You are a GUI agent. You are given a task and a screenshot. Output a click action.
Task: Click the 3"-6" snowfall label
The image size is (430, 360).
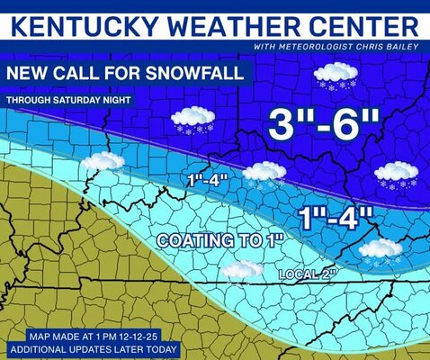coord(319,122)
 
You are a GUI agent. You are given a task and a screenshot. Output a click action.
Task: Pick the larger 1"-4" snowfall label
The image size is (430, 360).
coord(335,217)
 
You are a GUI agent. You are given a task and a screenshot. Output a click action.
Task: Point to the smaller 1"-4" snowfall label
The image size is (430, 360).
coord(209,180)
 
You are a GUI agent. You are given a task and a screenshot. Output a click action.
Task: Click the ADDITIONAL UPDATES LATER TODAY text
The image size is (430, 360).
coord(94,348)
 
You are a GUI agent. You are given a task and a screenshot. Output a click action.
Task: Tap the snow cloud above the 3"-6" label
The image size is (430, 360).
coord(336,74)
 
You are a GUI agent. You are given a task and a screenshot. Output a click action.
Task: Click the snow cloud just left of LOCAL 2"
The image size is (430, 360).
coord(243,269)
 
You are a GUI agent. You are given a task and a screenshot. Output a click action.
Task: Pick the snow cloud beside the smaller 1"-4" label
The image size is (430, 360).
coord(264,171)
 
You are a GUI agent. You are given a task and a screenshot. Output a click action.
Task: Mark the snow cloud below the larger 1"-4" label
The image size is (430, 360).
coord(381,248)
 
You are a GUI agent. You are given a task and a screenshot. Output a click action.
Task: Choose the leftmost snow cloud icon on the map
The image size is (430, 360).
coord(103,162)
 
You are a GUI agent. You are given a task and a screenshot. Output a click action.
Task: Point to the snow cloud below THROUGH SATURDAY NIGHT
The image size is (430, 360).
coord(193,117)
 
